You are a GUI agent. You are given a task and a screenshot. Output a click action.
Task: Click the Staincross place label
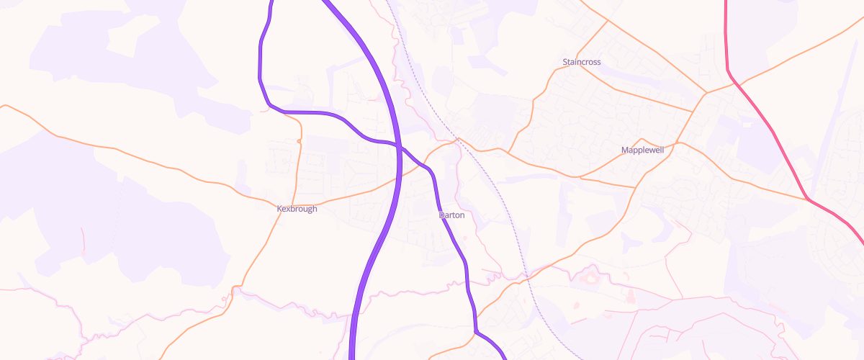coord(581,63)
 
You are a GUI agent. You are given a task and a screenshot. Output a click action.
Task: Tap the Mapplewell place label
coord(642,150)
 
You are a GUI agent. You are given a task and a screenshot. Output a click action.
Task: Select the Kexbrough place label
coord(297,209)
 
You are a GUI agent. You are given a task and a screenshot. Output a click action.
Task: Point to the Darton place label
coord(451,215)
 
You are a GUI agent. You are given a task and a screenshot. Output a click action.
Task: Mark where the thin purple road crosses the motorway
coord(398,146)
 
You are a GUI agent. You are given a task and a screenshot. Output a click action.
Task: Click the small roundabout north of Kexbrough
coord(299,141)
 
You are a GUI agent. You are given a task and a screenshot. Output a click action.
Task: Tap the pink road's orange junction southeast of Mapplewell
coord(807,198)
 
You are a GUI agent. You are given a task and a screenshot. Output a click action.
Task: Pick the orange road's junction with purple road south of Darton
coord(476,331)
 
